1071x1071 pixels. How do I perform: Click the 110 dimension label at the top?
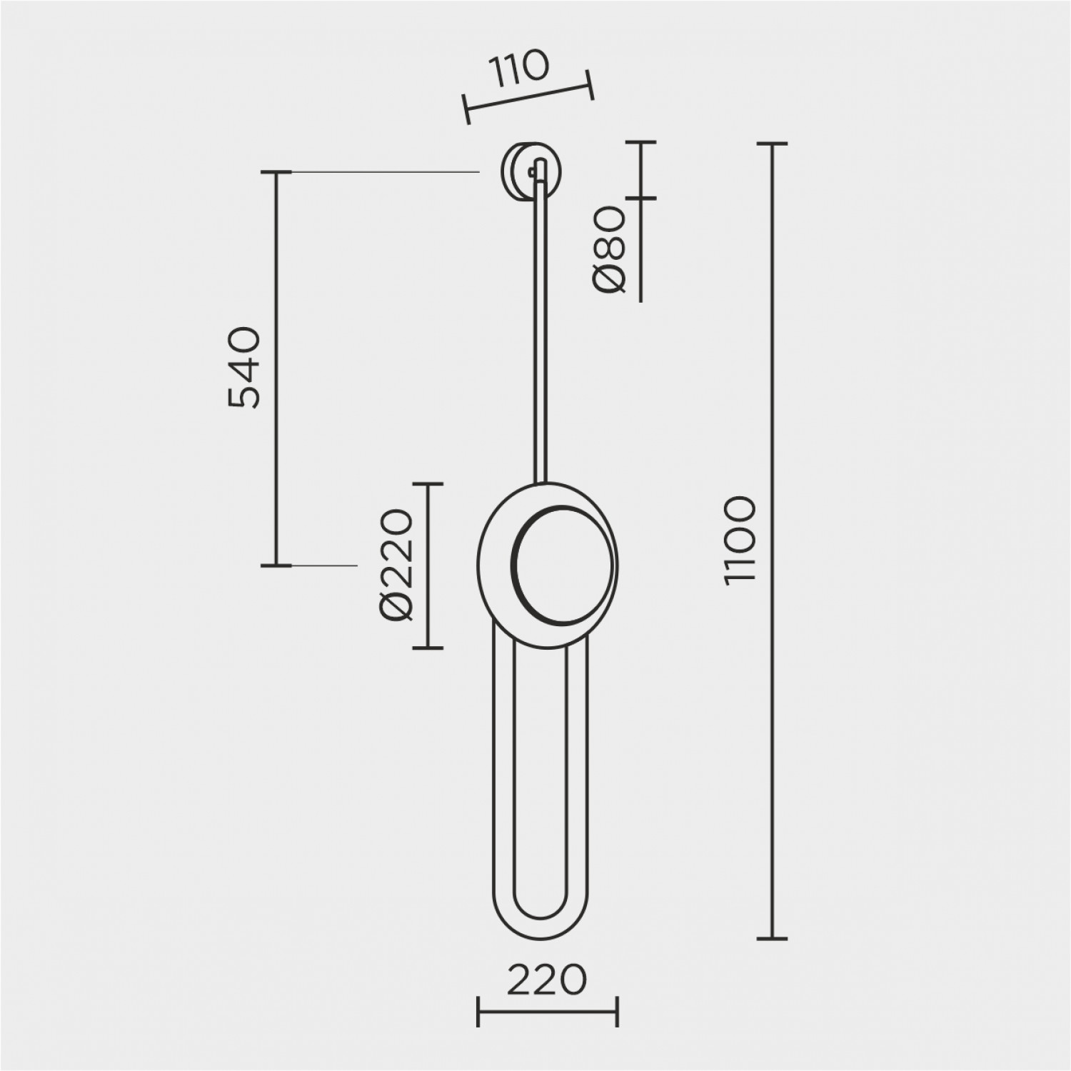point(518,69)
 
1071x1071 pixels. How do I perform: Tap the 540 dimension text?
point(243,367)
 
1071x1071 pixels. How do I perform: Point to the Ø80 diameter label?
point(609,250)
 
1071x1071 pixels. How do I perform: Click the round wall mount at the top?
point(530,175)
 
